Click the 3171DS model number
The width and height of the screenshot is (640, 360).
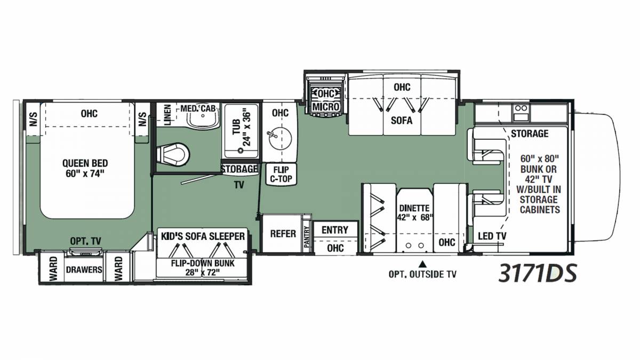click(x=538, y=273)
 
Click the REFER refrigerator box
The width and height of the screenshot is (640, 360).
click(x=283, y=234)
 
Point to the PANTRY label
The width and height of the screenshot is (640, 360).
click(x=307, y=237)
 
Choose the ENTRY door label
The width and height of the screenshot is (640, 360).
click(x=335, y=230)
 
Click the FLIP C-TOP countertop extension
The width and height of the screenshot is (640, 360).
click(x=282, y=174)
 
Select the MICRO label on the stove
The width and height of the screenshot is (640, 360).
click(x=326, y=107)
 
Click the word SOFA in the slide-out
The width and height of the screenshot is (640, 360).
click(x=402, y=121)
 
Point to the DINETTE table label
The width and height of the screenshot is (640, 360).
click(x=414, y=213)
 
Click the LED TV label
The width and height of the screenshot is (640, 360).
click(x=492, y=236)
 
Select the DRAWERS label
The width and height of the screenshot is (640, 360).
click(x=84, y=270)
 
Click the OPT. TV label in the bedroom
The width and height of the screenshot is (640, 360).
click(x=86, y=241)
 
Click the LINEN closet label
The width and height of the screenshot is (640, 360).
click(x=167, y=115)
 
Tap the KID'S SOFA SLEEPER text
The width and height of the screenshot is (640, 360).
click(x=203, y=237)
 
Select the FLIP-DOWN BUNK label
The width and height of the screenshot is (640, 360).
click(x=203, y=268)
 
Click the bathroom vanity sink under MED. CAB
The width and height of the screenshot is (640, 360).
click(x=203, y=119)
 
